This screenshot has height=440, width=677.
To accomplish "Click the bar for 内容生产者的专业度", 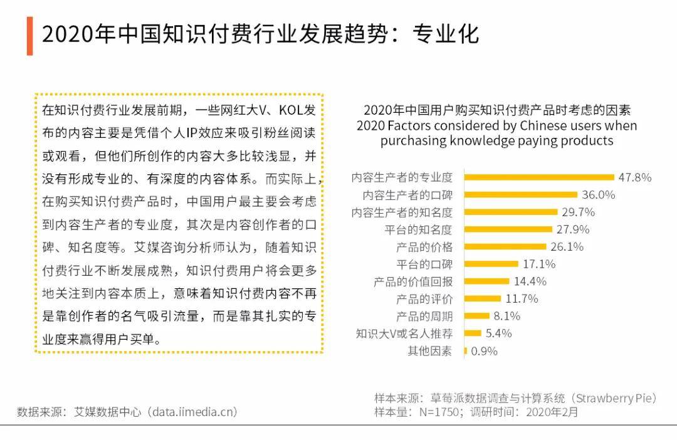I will pyautogui.click(x=539, y=177).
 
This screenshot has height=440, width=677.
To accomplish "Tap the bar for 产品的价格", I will pyautogui.click(x=505, y=246).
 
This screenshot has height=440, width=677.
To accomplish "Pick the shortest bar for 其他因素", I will pyautogui.click(x=465, y=351).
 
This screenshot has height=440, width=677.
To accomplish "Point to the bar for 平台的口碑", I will pyautogui.click(x=491, y=264).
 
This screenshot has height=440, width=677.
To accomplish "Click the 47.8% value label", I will pyautogui.click(x=635, y=177).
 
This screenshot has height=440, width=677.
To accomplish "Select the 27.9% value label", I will pyautogui.click(x=573, y=229).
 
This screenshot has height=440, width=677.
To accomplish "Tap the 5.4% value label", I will pyautogui.click(x=499, y=333).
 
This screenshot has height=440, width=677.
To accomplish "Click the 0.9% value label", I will pyautogui.click(x=484, y=351).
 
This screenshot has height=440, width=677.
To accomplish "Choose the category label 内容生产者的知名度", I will pyautogui.click(x=402, y=212).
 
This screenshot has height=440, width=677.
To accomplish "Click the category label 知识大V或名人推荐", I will pyautogui.click(x=404, y=333).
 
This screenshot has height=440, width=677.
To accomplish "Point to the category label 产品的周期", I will pyautogui.click(x=424, y=316).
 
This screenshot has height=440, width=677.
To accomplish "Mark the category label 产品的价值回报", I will pyautogui.click(x=412, y=281).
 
